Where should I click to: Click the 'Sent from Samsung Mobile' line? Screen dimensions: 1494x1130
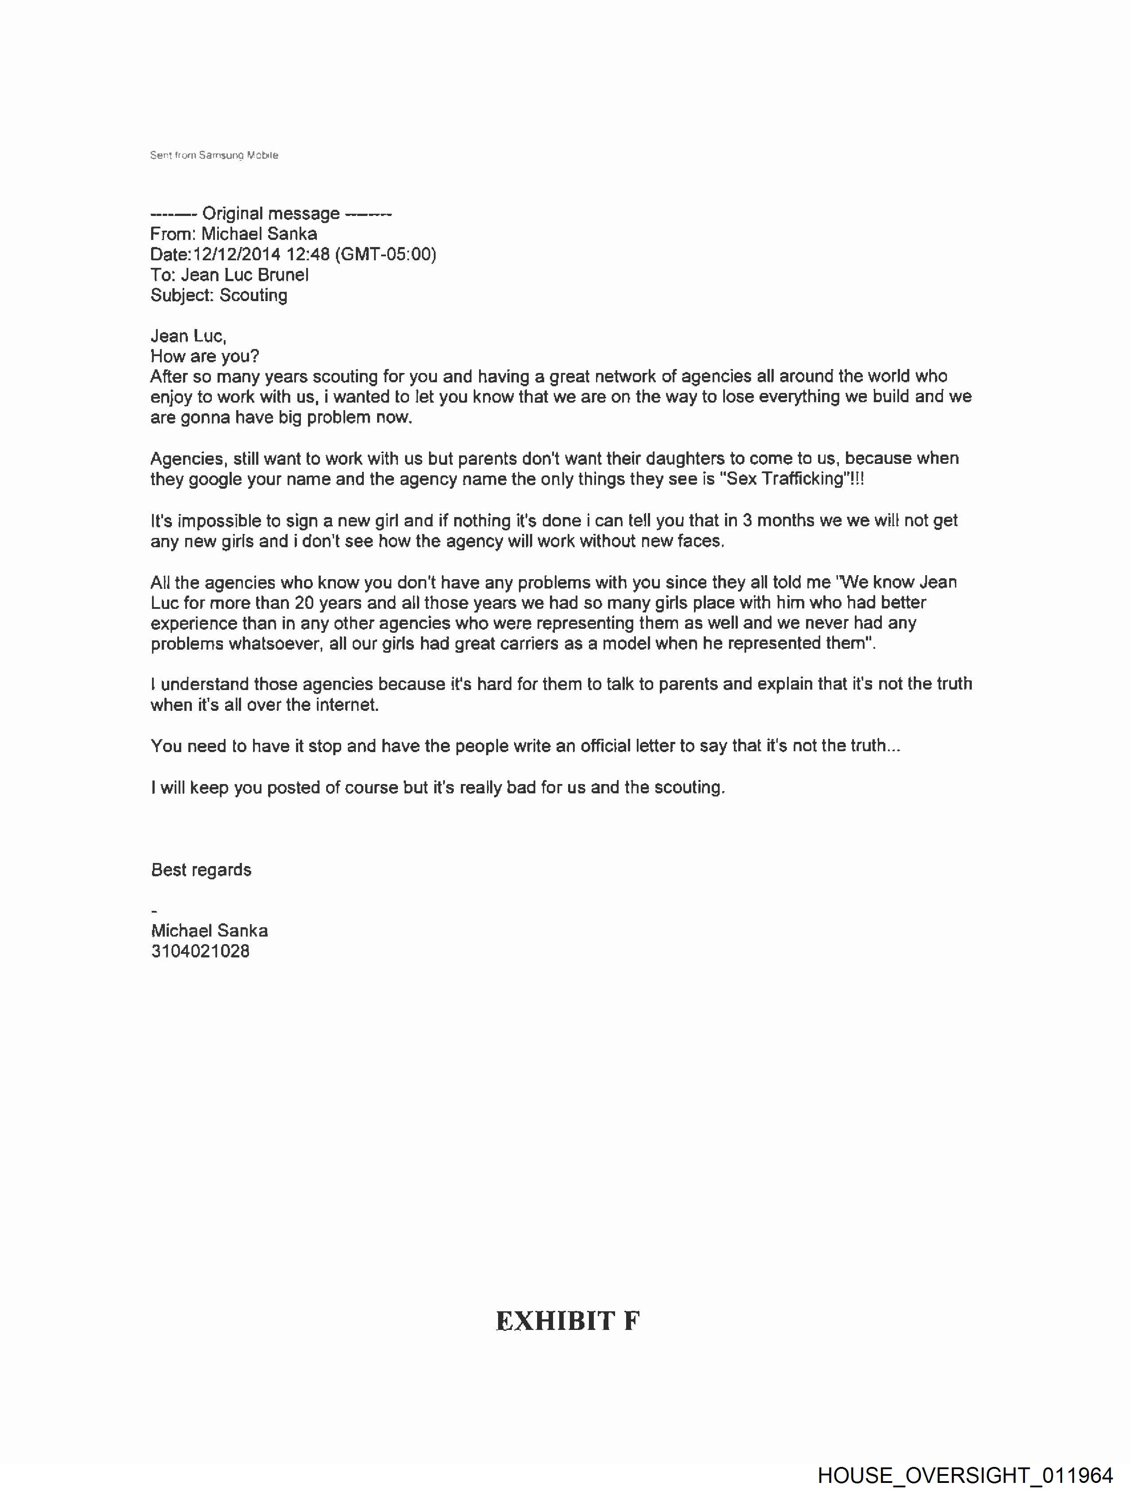(x=214, y=155)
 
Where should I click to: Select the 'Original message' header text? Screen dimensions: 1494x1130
(x=271, y=213)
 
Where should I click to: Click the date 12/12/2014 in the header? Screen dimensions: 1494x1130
(x=236, y=255)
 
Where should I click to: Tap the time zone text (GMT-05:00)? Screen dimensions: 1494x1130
(x=386, y=255)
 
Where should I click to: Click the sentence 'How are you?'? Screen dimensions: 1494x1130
(x=205, y=356)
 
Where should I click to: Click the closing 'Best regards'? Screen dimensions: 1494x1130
(x=201, y=870)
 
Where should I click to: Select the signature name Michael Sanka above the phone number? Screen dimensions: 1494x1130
(x=209, y=931)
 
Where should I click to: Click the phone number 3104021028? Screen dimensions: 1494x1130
(x=200, y=952)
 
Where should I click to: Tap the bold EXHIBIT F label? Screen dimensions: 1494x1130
(x=567, y=1321)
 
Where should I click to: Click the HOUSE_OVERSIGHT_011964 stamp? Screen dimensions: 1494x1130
(x=965, y=1475)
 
